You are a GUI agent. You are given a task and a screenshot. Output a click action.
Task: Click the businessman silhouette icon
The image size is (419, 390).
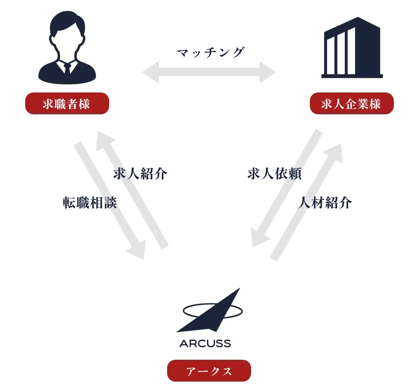(67, 48)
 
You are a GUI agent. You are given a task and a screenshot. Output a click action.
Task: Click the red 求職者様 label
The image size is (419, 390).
(67, 103)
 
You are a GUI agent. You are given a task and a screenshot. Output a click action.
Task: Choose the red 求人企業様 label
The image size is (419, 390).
(352, 103)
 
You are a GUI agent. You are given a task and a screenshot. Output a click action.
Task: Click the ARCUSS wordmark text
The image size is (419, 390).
(205, 343)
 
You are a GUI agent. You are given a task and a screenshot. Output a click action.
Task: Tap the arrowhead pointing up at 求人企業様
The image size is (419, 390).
(334, 147)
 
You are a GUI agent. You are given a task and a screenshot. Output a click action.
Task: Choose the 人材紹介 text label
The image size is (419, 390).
(324, 203)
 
